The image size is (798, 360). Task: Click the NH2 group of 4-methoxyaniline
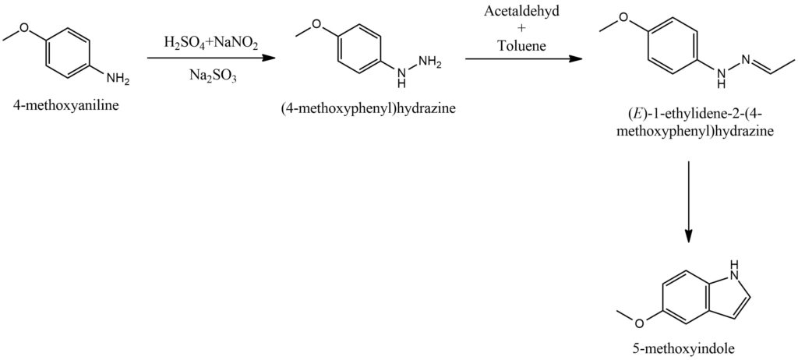pyautogui.click(x=118, y=78)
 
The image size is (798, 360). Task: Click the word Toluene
pyautogui.click(x=523, y=46)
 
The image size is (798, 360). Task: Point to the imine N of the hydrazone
pyautogui.click(x=745, y=59)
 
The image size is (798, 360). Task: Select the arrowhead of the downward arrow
pyautogui.click(x=689, y=236)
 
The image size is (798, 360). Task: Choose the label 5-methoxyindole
pyautogui.click(x=690, y=350)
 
